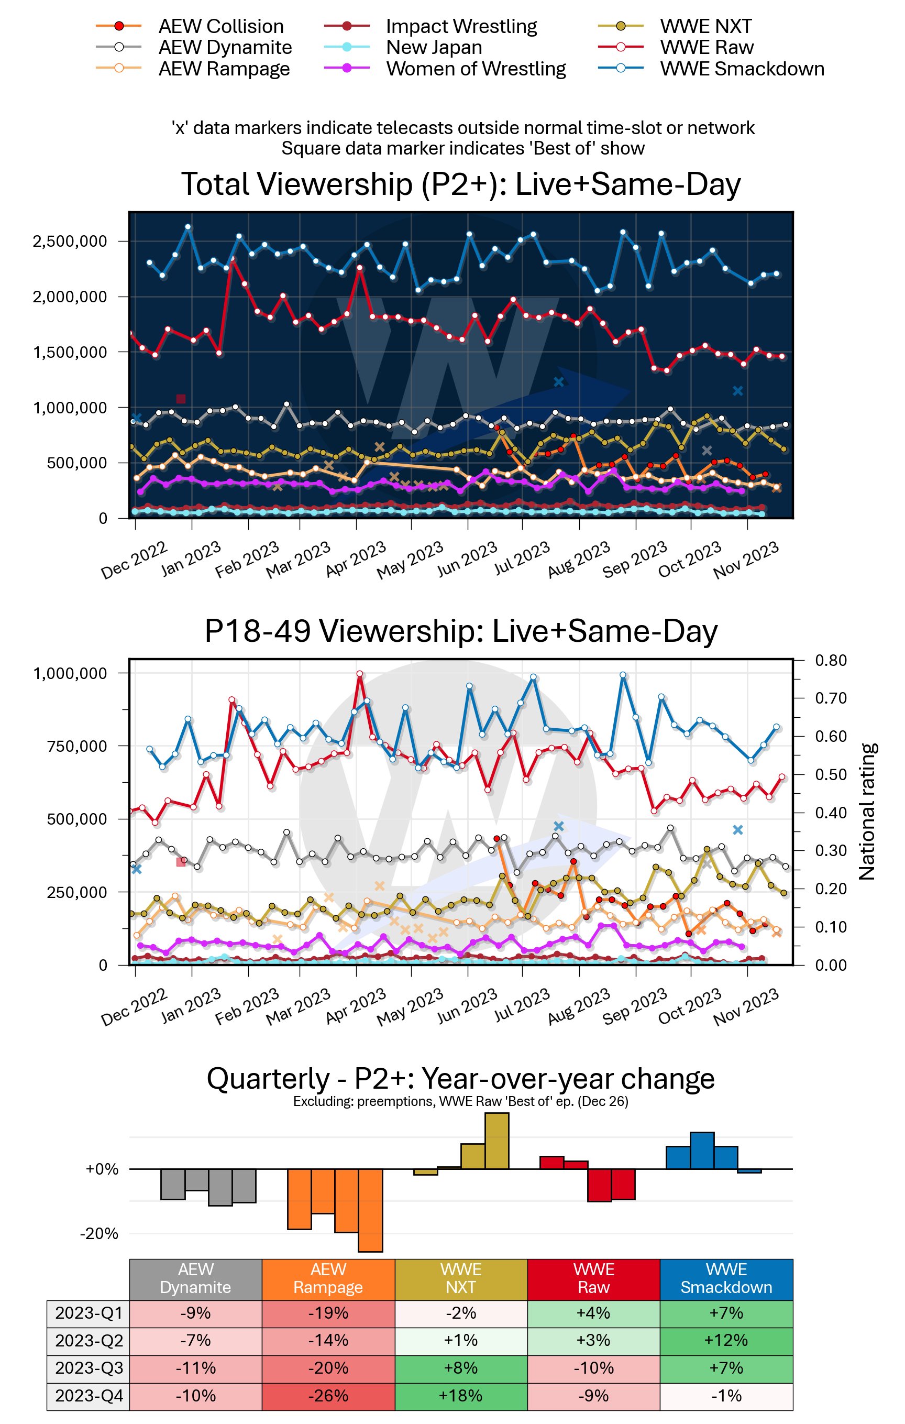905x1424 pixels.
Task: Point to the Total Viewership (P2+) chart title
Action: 460,184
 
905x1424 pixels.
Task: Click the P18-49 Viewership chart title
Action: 460,631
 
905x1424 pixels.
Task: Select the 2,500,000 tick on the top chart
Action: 70,242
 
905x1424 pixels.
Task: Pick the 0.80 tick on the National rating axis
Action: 831,661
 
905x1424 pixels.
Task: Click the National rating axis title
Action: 867,812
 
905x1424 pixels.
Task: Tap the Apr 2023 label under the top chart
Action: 356,560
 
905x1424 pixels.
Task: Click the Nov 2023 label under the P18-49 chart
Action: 745,1006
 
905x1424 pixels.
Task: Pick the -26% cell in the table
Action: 328,1396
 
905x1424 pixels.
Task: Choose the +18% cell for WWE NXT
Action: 460,1396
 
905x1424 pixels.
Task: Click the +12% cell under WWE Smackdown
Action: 726,1340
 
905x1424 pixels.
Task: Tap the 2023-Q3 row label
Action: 89,1368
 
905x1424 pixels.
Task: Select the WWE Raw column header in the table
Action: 593,1278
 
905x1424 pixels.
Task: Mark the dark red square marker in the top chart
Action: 181,399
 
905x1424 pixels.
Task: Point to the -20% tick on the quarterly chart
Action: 100,1234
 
